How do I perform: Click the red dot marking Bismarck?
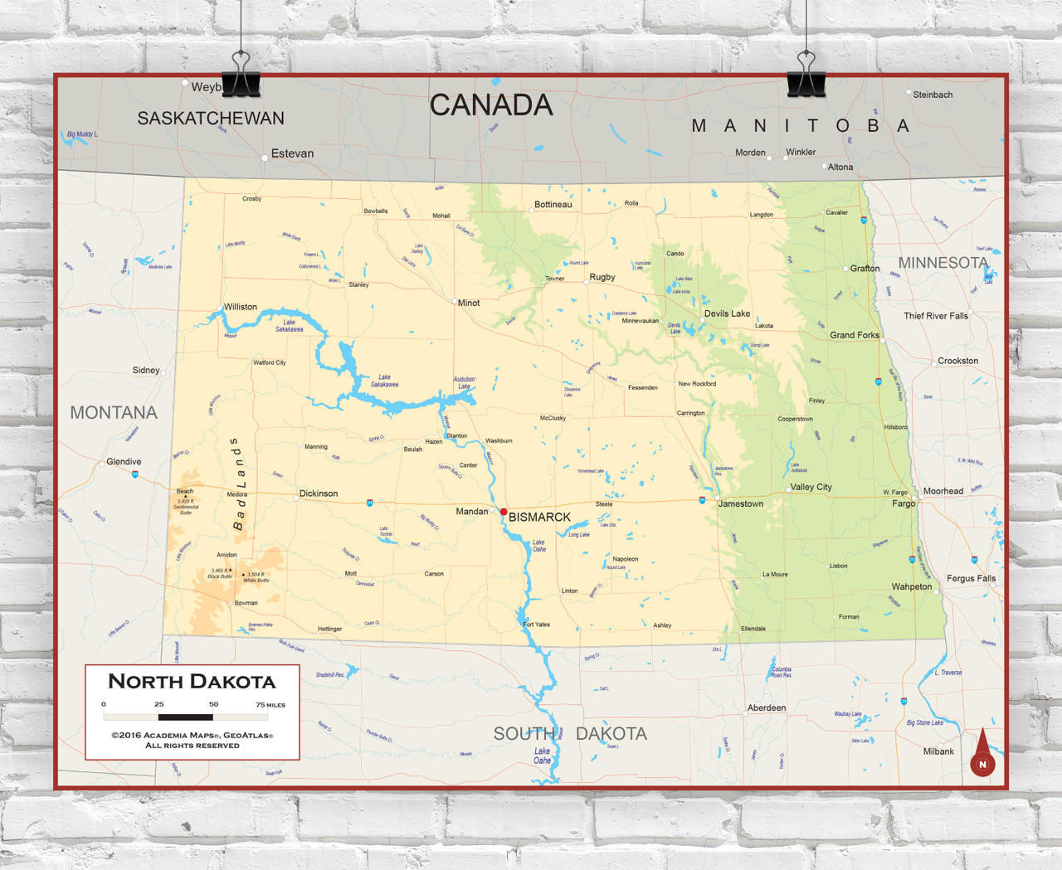pos(504,512)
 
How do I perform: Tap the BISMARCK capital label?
pos(539,518)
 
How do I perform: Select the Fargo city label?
pos(904,503)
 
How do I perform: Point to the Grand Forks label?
pos(854,335)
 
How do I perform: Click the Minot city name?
pos(469,303)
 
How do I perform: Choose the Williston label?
pos(241,307)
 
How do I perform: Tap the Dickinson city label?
pos(319,493)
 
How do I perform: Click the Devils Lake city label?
pos(727,313)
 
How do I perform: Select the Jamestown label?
pos(740,503)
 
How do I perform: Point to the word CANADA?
pos(491,105)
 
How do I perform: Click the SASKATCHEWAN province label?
pos(211,119)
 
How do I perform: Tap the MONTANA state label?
pos(114,412)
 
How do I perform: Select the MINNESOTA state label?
pos(943,263)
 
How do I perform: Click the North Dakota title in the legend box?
pos(192,682)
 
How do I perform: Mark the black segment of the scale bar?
pos(186,717)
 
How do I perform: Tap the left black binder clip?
pos(241,76)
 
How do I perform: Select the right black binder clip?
pos(806,76)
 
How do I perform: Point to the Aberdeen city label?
pos(767,708)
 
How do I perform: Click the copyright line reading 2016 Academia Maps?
pos(192,735)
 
